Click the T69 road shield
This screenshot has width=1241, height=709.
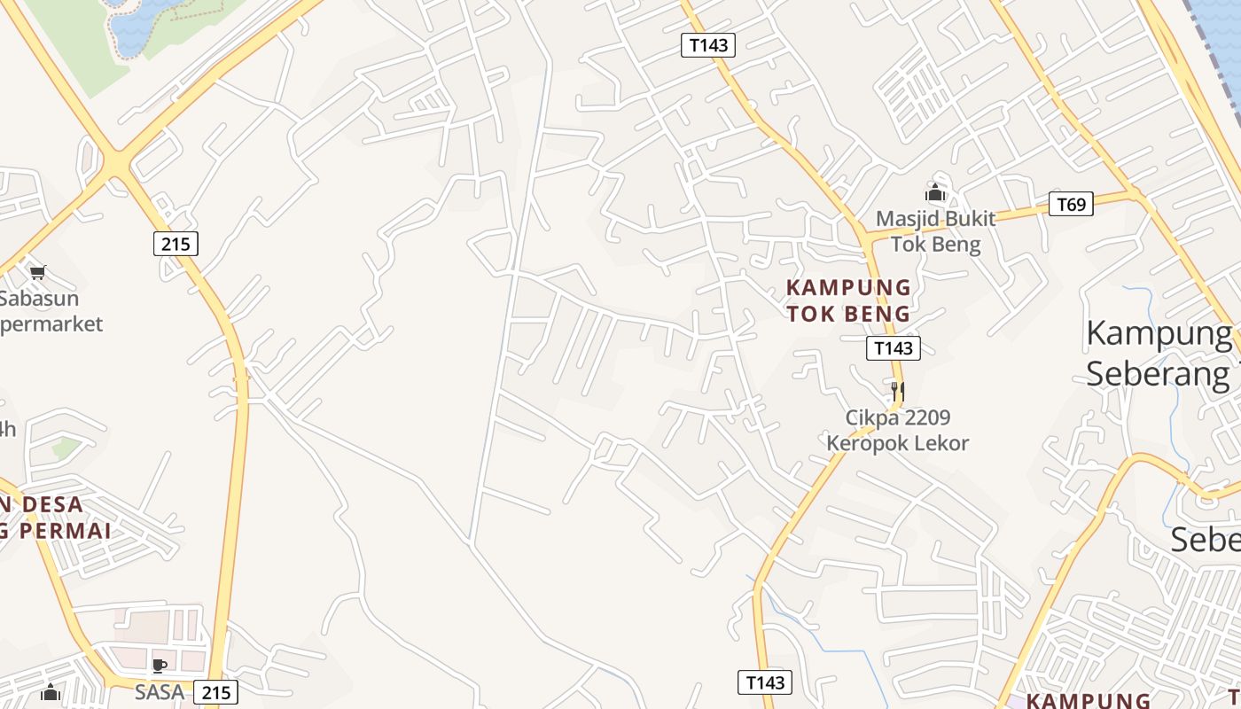(1071, 205)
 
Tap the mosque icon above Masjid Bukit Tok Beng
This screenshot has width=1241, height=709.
(935, 192)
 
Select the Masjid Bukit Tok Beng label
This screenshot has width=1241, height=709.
(935, 231)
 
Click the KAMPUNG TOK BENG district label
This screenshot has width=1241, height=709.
(848, 300)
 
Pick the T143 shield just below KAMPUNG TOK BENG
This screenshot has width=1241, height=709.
(893, 348)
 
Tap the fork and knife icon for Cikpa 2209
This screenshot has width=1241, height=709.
(897, 391)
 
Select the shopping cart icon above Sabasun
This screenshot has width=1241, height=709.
(37, 272)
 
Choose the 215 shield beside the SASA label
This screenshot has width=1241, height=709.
(215, 692)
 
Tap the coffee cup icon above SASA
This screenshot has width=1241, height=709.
(160, 666)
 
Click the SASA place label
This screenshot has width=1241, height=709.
(160, 691)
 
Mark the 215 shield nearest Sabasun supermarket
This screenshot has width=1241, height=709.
(176, 243)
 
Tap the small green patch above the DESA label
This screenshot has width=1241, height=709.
(66, 448)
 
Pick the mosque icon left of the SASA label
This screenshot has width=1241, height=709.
(51, 691)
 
